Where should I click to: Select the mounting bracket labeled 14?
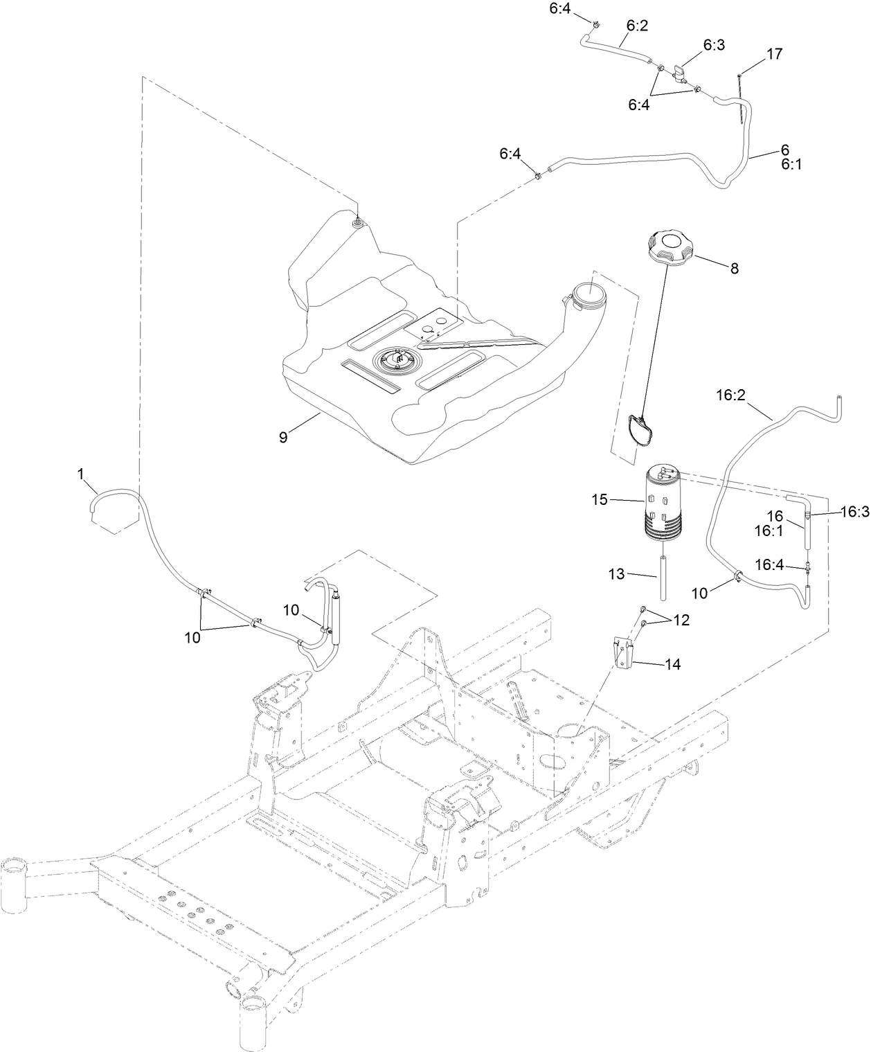[625, 653]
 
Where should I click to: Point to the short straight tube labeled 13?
[664, 577]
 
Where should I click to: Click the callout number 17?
[775, 54]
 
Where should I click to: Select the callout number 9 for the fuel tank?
[282, 437]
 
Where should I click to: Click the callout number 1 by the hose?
[80, 474]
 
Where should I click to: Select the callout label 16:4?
[768, 565]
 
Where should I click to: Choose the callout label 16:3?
[854, 512]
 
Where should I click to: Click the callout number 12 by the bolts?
[681, 621]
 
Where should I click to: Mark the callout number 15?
[600, 499]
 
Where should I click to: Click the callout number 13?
[616, 574]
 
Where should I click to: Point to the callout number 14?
[672, 665]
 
